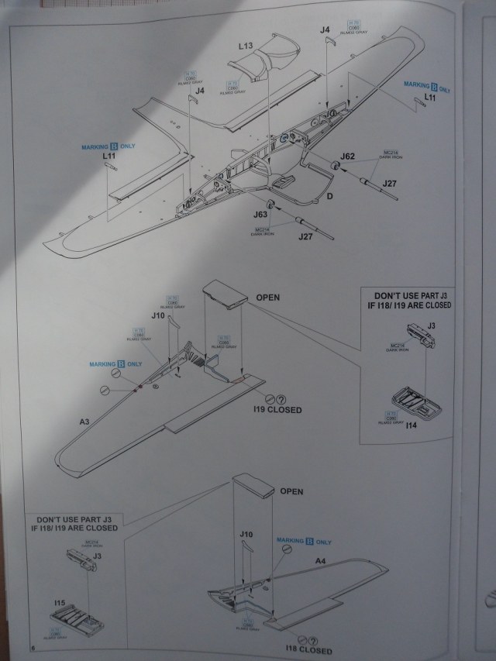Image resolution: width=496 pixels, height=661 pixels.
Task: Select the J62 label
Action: [x=347, y=157]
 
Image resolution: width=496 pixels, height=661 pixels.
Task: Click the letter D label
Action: [x=329, y=198]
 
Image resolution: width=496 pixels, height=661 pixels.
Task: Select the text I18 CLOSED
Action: [x=308, y=651]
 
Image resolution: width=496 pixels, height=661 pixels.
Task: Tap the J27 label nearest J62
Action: [x=389, y=184]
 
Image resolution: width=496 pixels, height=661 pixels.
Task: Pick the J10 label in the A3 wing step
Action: [x=158, y=315]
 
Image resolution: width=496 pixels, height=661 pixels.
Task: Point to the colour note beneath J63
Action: [x=262, y=231]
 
